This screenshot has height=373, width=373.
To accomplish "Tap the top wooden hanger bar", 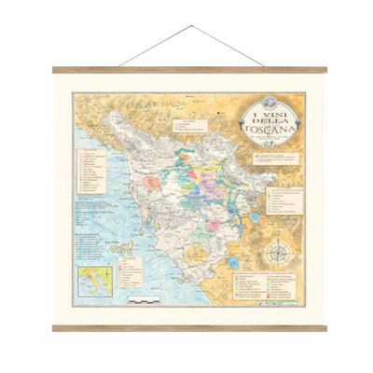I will point(186,69).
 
